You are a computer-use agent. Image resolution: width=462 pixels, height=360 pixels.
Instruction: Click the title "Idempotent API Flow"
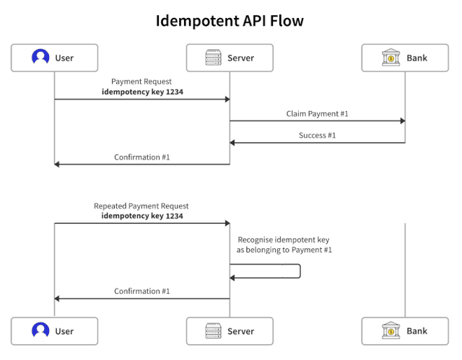coord(230,21)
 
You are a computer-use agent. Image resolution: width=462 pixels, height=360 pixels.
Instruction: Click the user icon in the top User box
coord(40,58)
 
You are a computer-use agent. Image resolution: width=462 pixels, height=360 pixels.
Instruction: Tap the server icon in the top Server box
coord(214,58)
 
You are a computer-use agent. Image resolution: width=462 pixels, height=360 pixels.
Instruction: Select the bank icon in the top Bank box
coord(391,58)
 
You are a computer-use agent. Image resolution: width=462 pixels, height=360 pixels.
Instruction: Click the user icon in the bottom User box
coord(40,331)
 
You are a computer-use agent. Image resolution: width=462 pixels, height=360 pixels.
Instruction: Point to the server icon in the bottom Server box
coord(214,331)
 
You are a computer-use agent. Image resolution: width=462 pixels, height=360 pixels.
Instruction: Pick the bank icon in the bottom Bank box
coord(391,331)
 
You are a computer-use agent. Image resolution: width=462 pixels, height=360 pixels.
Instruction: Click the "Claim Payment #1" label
coord(317,113)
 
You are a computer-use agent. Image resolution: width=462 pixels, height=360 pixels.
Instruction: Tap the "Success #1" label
coord(317,135)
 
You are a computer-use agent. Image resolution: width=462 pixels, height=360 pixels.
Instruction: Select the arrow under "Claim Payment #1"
coord(317,121)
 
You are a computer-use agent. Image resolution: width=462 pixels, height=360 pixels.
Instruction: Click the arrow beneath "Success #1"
coord(317,143)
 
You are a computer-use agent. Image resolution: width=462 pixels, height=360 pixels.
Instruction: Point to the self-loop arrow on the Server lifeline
coord(299,271)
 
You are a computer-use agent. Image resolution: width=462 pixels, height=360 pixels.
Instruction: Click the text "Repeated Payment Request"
coord(141,206)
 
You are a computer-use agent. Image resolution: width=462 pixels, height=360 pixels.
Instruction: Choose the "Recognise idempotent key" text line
coord(284,239)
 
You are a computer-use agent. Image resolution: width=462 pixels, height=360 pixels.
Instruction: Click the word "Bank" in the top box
coord(417,58)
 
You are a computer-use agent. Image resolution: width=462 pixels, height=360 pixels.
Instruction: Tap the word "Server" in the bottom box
coord(240,331)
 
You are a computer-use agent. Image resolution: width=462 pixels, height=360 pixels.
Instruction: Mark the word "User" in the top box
coord(64,58)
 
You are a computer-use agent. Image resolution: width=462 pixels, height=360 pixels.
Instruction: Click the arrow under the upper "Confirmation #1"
coord(141,164)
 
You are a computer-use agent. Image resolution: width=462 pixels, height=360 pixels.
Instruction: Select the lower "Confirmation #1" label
coord(141,291)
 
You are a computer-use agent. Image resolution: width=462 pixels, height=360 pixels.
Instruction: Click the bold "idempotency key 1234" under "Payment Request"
coord(141,92)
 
